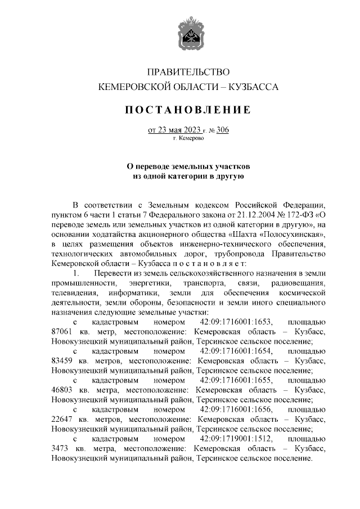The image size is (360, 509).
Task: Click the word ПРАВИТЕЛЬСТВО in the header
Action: (x=188, y=73)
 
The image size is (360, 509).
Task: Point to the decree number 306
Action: (x=222, y=130)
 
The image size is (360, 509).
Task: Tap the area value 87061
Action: (x=61, y=332)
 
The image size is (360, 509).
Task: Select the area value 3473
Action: (x=60, y=448)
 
